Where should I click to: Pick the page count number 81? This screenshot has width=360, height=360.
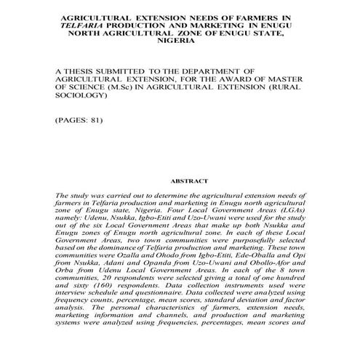tap(97, 119)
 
